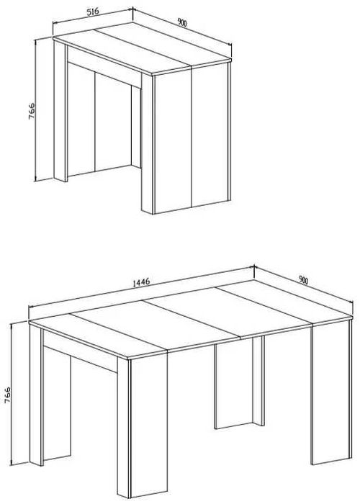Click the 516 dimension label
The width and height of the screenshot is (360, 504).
click(x=93, y=12)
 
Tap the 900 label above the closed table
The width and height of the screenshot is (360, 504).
click(x=182, y=22)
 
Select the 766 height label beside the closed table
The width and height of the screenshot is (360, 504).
click(x=32, y=111)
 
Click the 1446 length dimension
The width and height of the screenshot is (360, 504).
click(x=141, y=282)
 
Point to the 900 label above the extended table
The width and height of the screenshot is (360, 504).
click(x=303, y=280)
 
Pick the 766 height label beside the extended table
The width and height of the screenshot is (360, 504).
click(x=7, y=395)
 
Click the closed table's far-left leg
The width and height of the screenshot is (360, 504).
click(x=60, y=111)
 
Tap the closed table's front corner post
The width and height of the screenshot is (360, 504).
click(x=148, y=144)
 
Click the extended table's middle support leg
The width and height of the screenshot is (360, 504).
click(x=239, y=382)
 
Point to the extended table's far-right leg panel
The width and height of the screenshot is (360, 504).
click(x=330, y=392)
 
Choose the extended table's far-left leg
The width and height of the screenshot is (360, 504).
click(x=36, y=395)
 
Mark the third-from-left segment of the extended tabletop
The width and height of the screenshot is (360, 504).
click(x=228, y=311)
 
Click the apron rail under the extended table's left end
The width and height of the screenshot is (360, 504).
click(x=80, y=351)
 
